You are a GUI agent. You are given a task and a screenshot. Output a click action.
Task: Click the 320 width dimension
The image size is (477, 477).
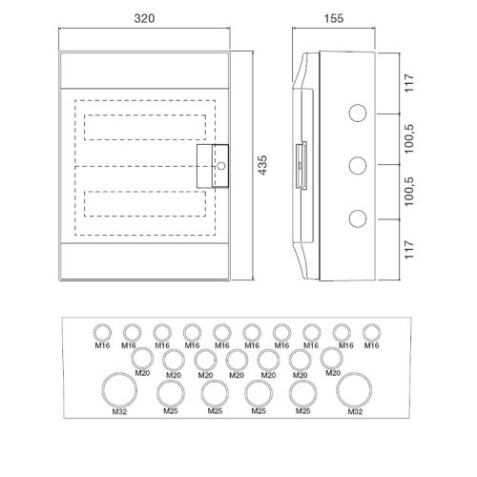(144, 18)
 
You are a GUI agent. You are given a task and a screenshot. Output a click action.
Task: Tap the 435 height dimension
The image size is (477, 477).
(262, 165)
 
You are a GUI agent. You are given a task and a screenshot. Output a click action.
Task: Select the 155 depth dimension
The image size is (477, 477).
(334, 18)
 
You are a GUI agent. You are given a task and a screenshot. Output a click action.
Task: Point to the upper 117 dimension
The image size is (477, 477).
(409, 83)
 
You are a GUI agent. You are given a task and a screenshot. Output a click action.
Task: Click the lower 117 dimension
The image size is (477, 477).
(409, 250)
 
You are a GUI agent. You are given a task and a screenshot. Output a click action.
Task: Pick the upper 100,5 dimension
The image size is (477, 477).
(409, 138)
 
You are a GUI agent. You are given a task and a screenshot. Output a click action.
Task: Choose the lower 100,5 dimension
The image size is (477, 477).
(409, 192)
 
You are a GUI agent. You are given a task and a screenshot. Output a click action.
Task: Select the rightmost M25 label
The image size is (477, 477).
(302, 411)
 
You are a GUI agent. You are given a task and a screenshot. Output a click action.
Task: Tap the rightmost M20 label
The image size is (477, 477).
(333, 373)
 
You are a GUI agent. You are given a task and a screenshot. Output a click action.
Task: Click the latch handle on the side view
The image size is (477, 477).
(301, 165)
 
